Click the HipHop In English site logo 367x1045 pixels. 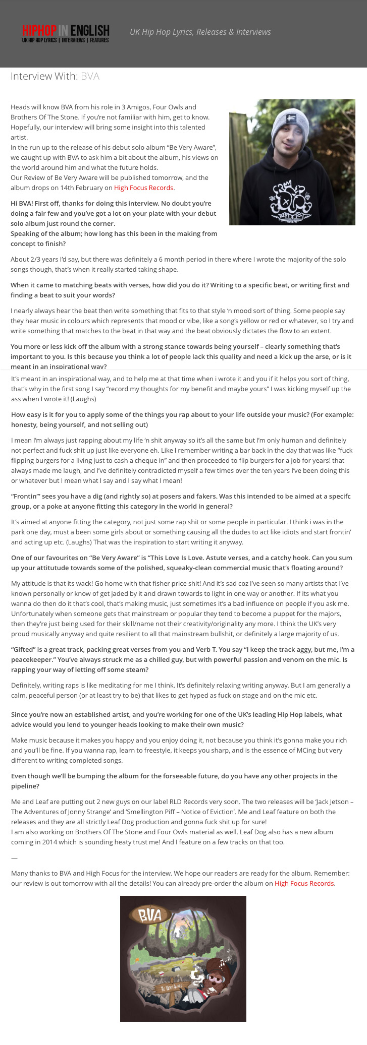pyautogui.click(x=65, y=33)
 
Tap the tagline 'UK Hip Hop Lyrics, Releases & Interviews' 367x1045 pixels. pyautogui.click(x=200, y=32)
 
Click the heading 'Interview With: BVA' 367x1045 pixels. pyautogui.click(x=55, y=76)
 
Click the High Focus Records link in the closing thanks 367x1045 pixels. pyautogui.click(x=304, y=883)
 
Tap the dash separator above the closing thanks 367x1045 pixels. pyautogui.click(x=14, y=857)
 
